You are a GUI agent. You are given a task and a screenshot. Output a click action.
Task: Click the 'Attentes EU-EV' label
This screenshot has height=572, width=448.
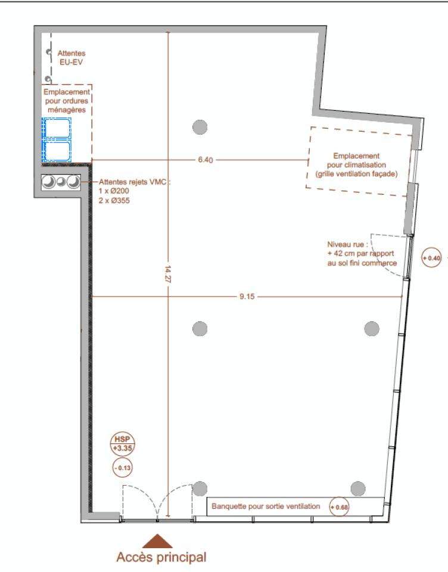71,57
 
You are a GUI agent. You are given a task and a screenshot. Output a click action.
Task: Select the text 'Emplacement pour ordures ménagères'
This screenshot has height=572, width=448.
67,101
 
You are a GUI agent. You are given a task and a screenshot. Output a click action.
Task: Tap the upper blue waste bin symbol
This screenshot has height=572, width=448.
57,128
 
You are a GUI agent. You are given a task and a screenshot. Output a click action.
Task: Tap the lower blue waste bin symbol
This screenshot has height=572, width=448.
57,150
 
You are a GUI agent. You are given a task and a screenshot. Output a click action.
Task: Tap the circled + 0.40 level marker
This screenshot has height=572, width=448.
431,258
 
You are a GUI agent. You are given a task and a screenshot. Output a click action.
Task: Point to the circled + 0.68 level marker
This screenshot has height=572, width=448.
340,506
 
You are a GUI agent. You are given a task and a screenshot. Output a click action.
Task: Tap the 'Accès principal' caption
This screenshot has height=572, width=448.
161,557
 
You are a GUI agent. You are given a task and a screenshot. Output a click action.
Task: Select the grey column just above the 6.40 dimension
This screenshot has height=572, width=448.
200,126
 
